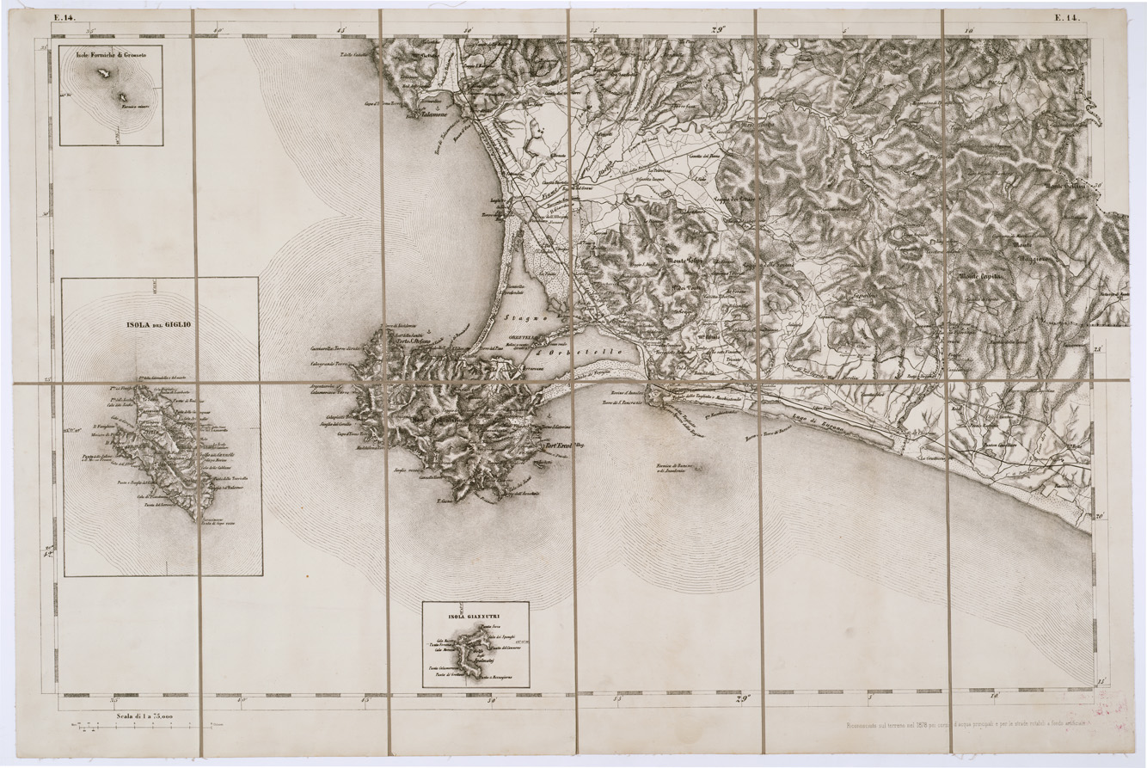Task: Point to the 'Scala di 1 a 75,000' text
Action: click(x=138, y=716)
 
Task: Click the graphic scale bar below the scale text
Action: click(x=138, y=729)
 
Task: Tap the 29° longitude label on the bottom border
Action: click(x=744, y=698)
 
